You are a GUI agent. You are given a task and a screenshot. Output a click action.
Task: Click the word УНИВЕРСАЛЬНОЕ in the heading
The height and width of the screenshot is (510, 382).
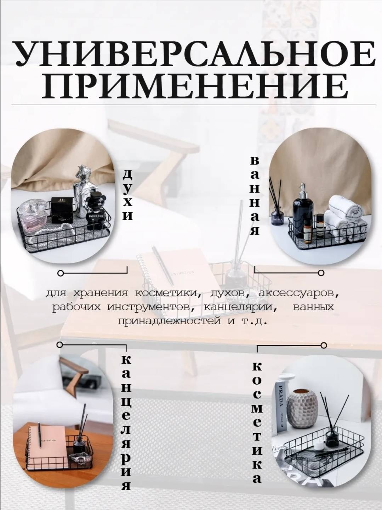tap(195, 54)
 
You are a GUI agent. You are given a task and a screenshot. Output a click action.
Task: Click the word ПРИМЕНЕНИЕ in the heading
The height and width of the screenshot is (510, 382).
tap(195, 86)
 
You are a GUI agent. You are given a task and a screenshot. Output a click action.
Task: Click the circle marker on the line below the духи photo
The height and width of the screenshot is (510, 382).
tap(60, 273)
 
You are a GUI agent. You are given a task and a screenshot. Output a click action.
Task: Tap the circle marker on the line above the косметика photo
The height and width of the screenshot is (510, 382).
tap(324, 345)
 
